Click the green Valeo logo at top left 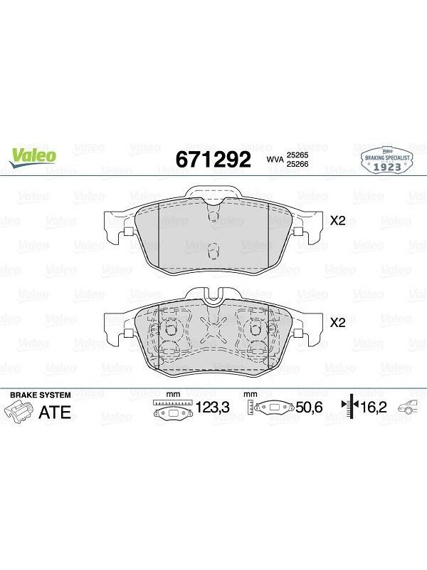click(33, 157)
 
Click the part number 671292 click(213, 159)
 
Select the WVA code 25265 click(297, 155)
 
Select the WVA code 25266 click(297, 164)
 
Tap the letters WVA click(275, 159)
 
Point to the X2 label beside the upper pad click(337, 220)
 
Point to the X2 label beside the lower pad click(337, 322)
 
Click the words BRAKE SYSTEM click(41, 395)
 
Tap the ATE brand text click(55, 413)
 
